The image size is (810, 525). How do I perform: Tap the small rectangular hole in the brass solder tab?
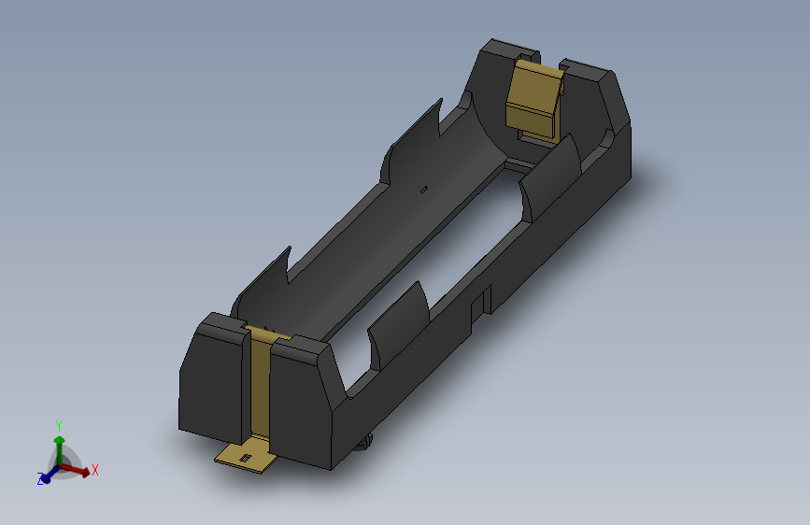coord(246,457)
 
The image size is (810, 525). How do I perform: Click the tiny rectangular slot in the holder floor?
coord(424,191)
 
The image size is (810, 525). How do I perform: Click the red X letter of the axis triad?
coord(95,470)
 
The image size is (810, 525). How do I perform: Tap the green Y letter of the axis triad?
coord(59,423)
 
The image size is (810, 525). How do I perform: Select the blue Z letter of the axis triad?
coord(41,479)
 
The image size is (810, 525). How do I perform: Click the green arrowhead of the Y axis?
coord(59,438)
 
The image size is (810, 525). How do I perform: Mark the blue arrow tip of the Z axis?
coord(49,475)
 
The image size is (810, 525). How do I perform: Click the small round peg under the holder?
coord(367,443)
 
